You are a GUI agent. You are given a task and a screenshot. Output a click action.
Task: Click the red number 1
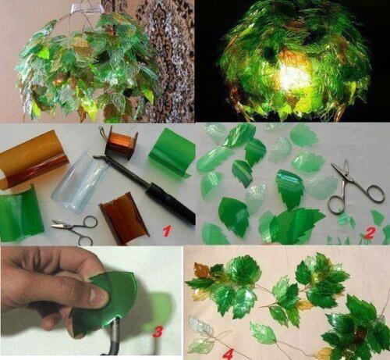tap(165, 230)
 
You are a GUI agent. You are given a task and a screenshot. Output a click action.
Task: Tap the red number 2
tap(370, 232)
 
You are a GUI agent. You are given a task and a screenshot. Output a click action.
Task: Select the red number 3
tap(158, 332)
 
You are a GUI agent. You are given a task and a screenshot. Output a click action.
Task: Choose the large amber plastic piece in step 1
tap(33, 158)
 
